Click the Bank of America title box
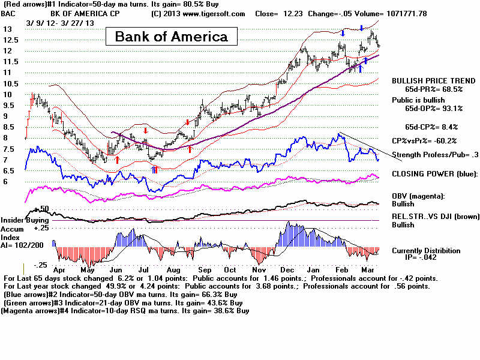(x=172, y=37)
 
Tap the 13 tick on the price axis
(x=8, y=29)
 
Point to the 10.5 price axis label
(x=10, y=83)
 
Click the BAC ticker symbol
(x=9, y=13)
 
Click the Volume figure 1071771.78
(x=400, y=13)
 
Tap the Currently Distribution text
(x=426, y=250)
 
